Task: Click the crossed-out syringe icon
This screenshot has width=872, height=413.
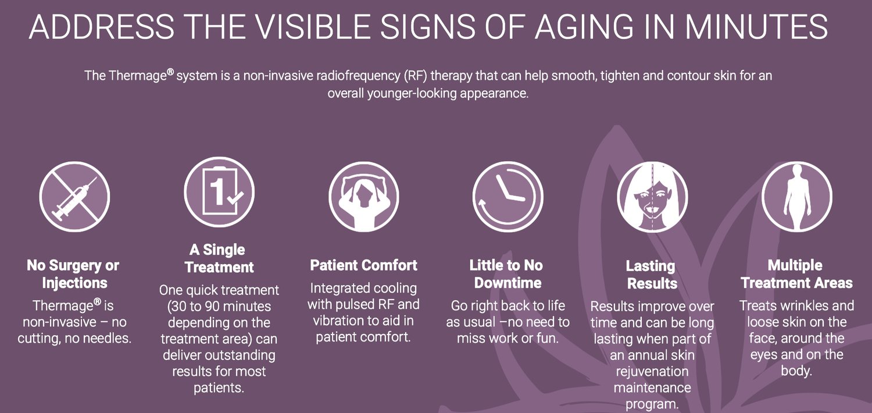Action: coord(74,197)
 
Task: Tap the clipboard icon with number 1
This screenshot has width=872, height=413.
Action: coord(219,192)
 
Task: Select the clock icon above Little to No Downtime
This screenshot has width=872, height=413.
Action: coord(508,197)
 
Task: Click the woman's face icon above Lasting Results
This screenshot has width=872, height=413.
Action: coord(652,197)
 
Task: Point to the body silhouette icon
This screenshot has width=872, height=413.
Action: coord(797,197)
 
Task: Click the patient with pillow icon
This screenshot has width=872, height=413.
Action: coord(363,197)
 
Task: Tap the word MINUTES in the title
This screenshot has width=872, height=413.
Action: coord(757,27)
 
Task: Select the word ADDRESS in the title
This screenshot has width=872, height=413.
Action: coord(102,27)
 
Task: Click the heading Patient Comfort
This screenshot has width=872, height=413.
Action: coord(363,265)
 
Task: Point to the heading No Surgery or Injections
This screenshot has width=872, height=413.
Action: coord(73,274)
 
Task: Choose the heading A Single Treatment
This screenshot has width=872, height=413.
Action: coord(219,258)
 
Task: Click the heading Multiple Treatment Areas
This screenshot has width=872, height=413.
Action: coord(796,274)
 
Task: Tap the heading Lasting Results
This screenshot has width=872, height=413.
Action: coord(652,275)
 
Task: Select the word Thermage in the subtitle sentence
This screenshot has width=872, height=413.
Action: coord(138,76)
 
